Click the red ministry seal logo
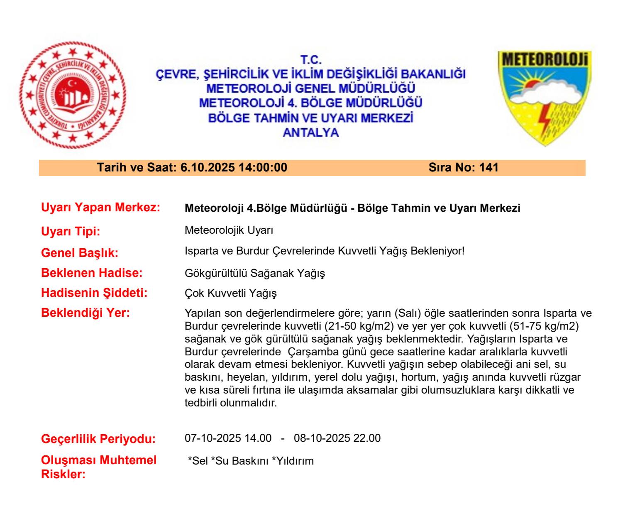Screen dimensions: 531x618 [x=73, y=95]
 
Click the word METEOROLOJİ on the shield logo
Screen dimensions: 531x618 [x=545, y=60]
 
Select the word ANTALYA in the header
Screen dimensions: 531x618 [x=310, y=132]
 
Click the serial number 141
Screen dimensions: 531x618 [x=489, y=168]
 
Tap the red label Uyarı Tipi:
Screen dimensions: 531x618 [x=71, y=231]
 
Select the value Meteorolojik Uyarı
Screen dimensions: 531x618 [x=229, y=230]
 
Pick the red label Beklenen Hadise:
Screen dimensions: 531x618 [x=92, y=273]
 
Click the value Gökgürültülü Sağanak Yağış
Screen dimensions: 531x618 [x=254, y=273]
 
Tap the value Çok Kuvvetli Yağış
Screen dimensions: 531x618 [x=230, y=294]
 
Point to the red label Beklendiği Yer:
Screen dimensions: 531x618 [x=85, y=313]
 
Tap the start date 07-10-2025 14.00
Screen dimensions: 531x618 [x=228, y=438]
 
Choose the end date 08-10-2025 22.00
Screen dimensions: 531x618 [x=337, y=438]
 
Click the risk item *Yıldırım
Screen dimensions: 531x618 [x=293, y=460]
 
